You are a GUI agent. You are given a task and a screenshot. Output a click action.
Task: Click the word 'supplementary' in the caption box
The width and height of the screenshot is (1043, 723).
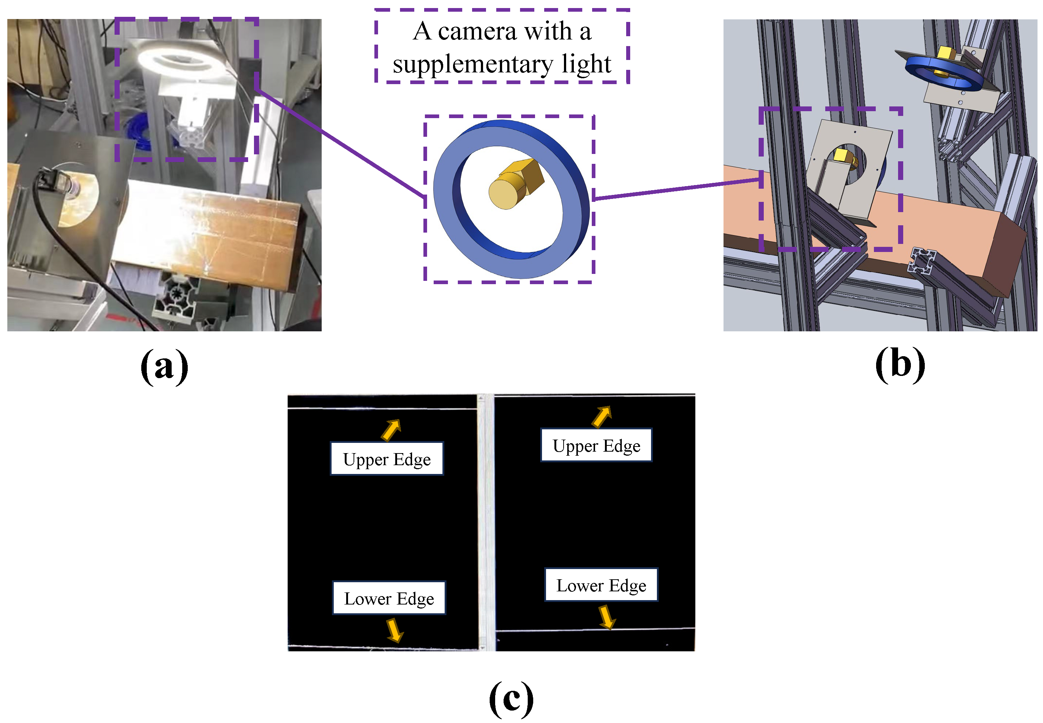click(x=472, y=64)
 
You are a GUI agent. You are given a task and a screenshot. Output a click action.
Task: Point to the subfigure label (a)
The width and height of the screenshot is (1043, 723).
click(x=164, y=366)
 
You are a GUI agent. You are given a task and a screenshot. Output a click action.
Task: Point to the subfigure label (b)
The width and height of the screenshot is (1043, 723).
click(x=900, y=364)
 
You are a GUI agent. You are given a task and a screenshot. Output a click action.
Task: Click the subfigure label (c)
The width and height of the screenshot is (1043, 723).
click(x=511, y=698)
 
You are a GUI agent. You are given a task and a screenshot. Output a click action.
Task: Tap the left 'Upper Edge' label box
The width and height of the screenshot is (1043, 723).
click(x=387, y=459)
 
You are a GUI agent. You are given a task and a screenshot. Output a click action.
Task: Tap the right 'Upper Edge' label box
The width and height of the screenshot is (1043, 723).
click(x=596, y=445)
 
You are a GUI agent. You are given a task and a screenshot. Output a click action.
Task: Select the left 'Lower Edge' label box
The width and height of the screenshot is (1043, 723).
click(x=389, y=598)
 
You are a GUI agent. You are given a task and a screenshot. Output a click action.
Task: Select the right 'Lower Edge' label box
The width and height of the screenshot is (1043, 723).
click(x=601, y=585)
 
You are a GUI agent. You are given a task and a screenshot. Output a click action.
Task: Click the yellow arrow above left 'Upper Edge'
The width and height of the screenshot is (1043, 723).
click(x=391, y=430)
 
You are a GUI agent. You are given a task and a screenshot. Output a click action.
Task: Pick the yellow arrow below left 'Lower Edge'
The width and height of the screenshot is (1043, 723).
click(x=395, y=630)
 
